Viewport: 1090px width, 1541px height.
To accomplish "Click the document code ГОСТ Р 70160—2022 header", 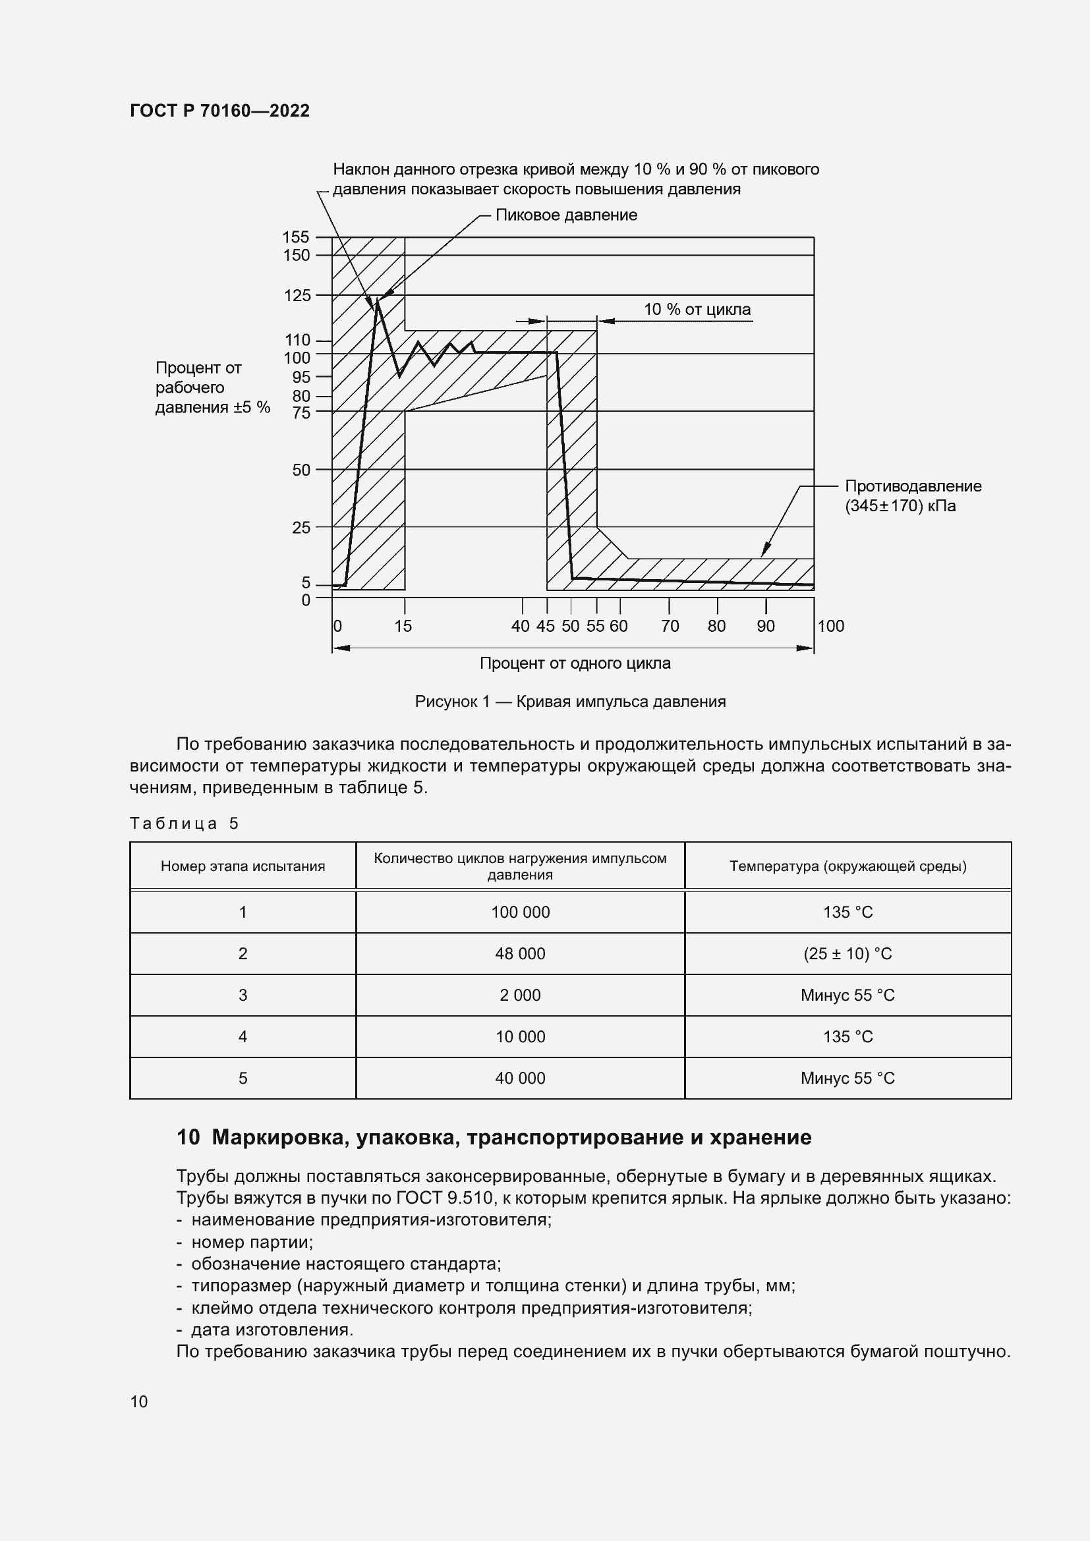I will (219, 111).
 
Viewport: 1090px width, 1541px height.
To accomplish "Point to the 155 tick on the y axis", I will (296, 237).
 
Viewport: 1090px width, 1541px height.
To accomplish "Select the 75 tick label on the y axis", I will (301, 414).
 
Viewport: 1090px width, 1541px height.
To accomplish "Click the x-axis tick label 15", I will (403, 626).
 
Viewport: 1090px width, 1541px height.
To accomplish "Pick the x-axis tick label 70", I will (670, 626).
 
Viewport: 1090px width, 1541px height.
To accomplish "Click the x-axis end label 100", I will (830, 626).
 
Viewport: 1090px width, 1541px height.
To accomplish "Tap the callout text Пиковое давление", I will (566, 215).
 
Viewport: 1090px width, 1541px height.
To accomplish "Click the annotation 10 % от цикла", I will (697, 310).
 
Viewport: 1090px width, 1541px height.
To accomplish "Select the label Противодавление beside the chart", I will (913, 486).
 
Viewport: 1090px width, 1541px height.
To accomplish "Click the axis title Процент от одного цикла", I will (575, 663).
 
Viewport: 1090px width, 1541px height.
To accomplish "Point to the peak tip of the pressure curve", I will (377, 298).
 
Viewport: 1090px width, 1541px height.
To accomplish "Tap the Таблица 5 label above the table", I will (184, 824).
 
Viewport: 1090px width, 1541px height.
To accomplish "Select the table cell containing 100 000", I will (520, 912).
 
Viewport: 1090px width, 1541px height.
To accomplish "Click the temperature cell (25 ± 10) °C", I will (847, 954).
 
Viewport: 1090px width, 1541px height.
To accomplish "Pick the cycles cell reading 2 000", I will (520, 995).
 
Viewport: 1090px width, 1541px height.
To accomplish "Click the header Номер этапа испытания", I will (243, 866).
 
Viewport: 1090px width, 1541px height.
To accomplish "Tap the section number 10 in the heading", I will (188, 1138).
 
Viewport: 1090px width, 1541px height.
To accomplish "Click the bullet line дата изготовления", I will (272, 1330).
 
